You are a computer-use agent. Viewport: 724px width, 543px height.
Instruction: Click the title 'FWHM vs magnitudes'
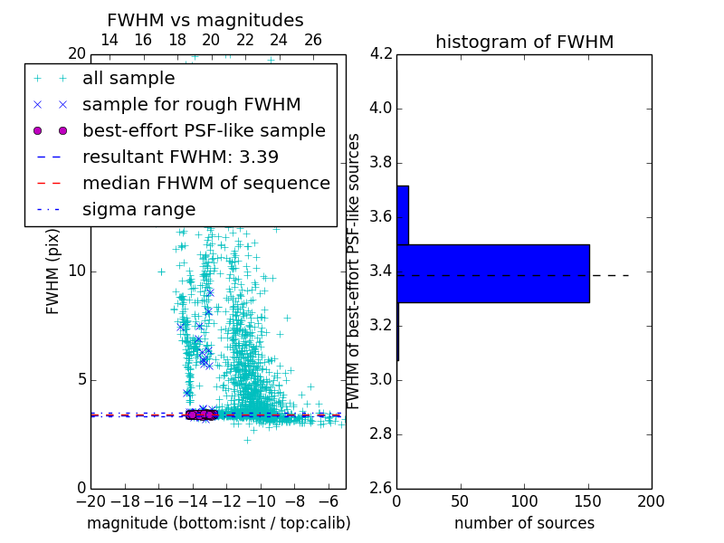coord(205,20)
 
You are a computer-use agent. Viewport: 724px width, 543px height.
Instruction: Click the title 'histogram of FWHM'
coord(524,42)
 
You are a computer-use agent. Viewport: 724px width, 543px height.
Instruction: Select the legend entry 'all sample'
coord(128,78)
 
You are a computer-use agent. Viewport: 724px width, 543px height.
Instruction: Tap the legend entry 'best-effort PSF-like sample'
coord(204,130)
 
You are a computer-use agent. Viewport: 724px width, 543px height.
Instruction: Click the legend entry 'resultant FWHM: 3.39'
coord(180,157)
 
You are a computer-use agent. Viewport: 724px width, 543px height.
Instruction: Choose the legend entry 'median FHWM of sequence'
coord(205,183)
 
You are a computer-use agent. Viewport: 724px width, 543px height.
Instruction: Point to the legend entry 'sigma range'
coord(138,209)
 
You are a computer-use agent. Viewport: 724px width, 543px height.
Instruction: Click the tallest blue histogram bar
coord(493,273)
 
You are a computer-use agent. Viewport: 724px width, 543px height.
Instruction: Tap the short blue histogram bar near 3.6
coord(403,214)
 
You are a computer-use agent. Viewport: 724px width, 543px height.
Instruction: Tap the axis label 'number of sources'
coord(524,523)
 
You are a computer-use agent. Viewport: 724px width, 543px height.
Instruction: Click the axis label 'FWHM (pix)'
coord(53,271)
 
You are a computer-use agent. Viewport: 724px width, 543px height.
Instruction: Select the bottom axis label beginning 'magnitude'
coord(218,523)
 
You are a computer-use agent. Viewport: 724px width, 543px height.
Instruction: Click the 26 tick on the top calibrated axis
coord(313,40)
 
